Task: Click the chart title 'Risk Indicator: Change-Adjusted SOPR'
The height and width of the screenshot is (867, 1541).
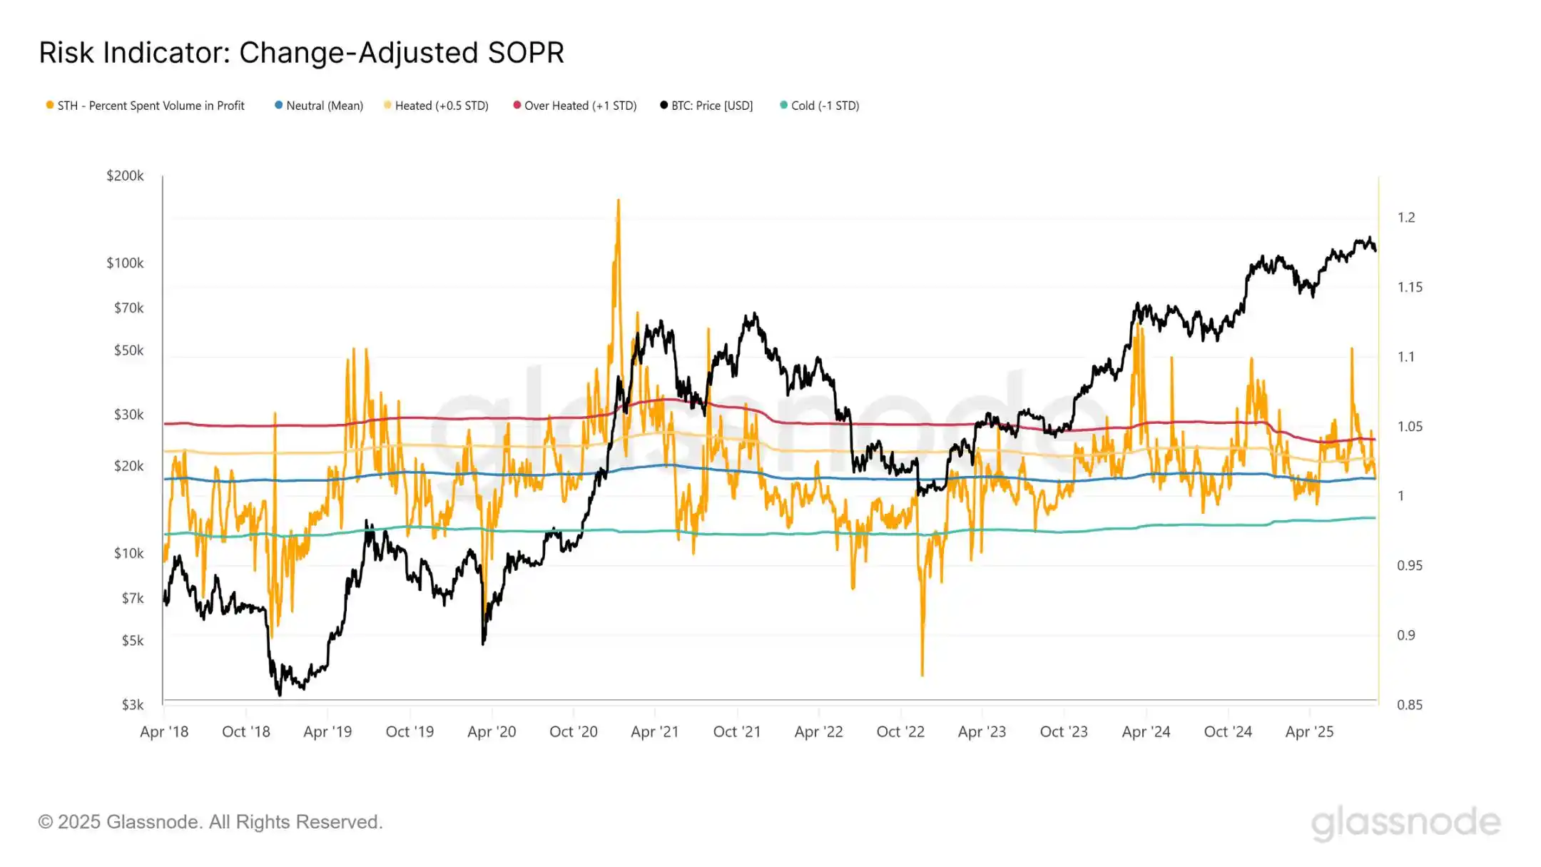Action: click(x=301, y=53)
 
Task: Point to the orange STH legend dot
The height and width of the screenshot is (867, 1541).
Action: click(x=50, y=105)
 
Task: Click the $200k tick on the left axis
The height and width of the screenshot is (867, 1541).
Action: click(x=125, y=176)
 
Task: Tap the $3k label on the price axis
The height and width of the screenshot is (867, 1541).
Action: click(x=132, y=704)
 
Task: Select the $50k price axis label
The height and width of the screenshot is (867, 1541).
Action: click(x=128, y=350)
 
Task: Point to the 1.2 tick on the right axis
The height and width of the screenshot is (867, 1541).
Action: click(x=1405, y=218)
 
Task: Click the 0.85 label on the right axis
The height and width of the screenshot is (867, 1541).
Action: click(x=1409, y=704)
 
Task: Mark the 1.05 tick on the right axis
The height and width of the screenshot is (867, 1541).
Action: click(x=1409, y=426)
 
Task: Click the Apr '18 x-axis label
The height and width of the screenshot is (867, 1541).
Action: click(x=164, y=731)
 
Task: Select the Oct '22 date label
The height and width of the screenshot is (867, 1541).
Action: click(x=900, y=731)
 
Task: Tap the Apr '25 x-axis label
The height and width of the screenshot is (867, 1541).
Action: click(x=1309, y=731)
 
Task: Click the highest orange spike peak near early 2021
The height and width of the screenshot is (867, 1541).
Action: click(x=618, y=201)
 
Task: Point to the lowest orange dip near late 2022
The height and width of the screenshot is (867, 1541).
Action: click(x=922, y=674)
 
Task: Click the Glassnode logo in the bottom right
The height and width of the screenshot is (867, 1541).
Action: click(x=1405, y=822)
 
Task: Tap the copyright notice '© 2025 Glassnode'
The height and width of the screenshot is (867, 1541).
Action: click(x=210, y=822)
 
